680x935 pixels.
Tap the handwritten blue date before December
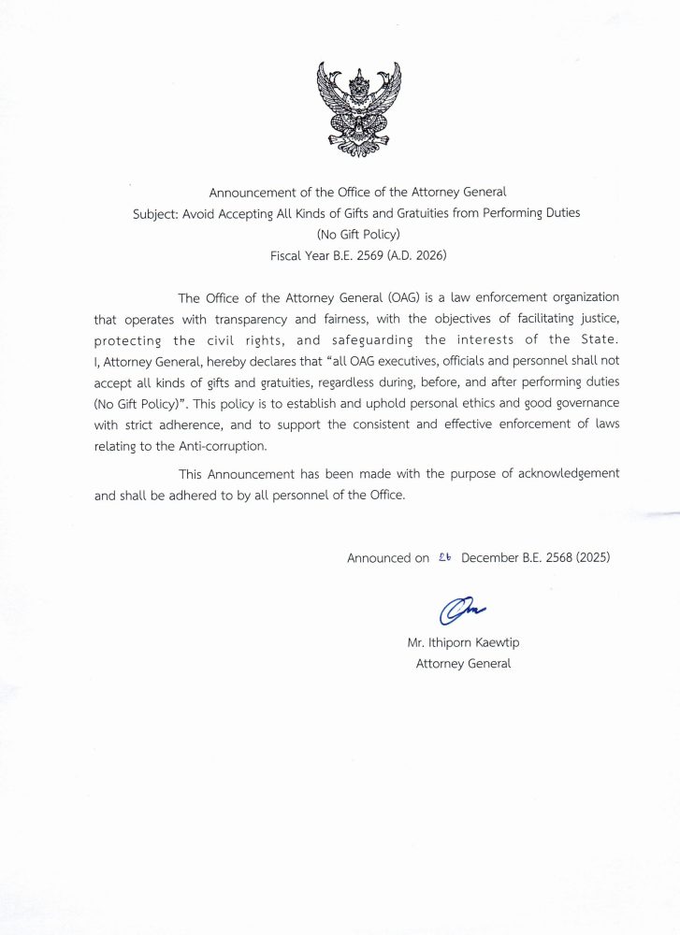pyautogui.click(x=444, y=556)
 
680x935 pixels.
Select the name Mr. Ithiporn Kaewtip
pyautogui.click(x=462, y=644)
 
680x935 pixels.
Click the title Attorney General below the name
pyautogui.click(x=463, y=664)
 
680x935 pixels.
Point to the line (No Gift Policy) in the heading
pyautogui.click(x=357, y=234)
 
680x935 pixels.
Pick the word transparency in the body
pyautogui.click(x=245, y=319)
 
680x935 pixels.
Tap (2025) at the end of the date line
pyautogui.click(x=595, y=557)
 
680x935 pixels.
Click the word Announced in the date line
pyautogui.click(x=379, y=558)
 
